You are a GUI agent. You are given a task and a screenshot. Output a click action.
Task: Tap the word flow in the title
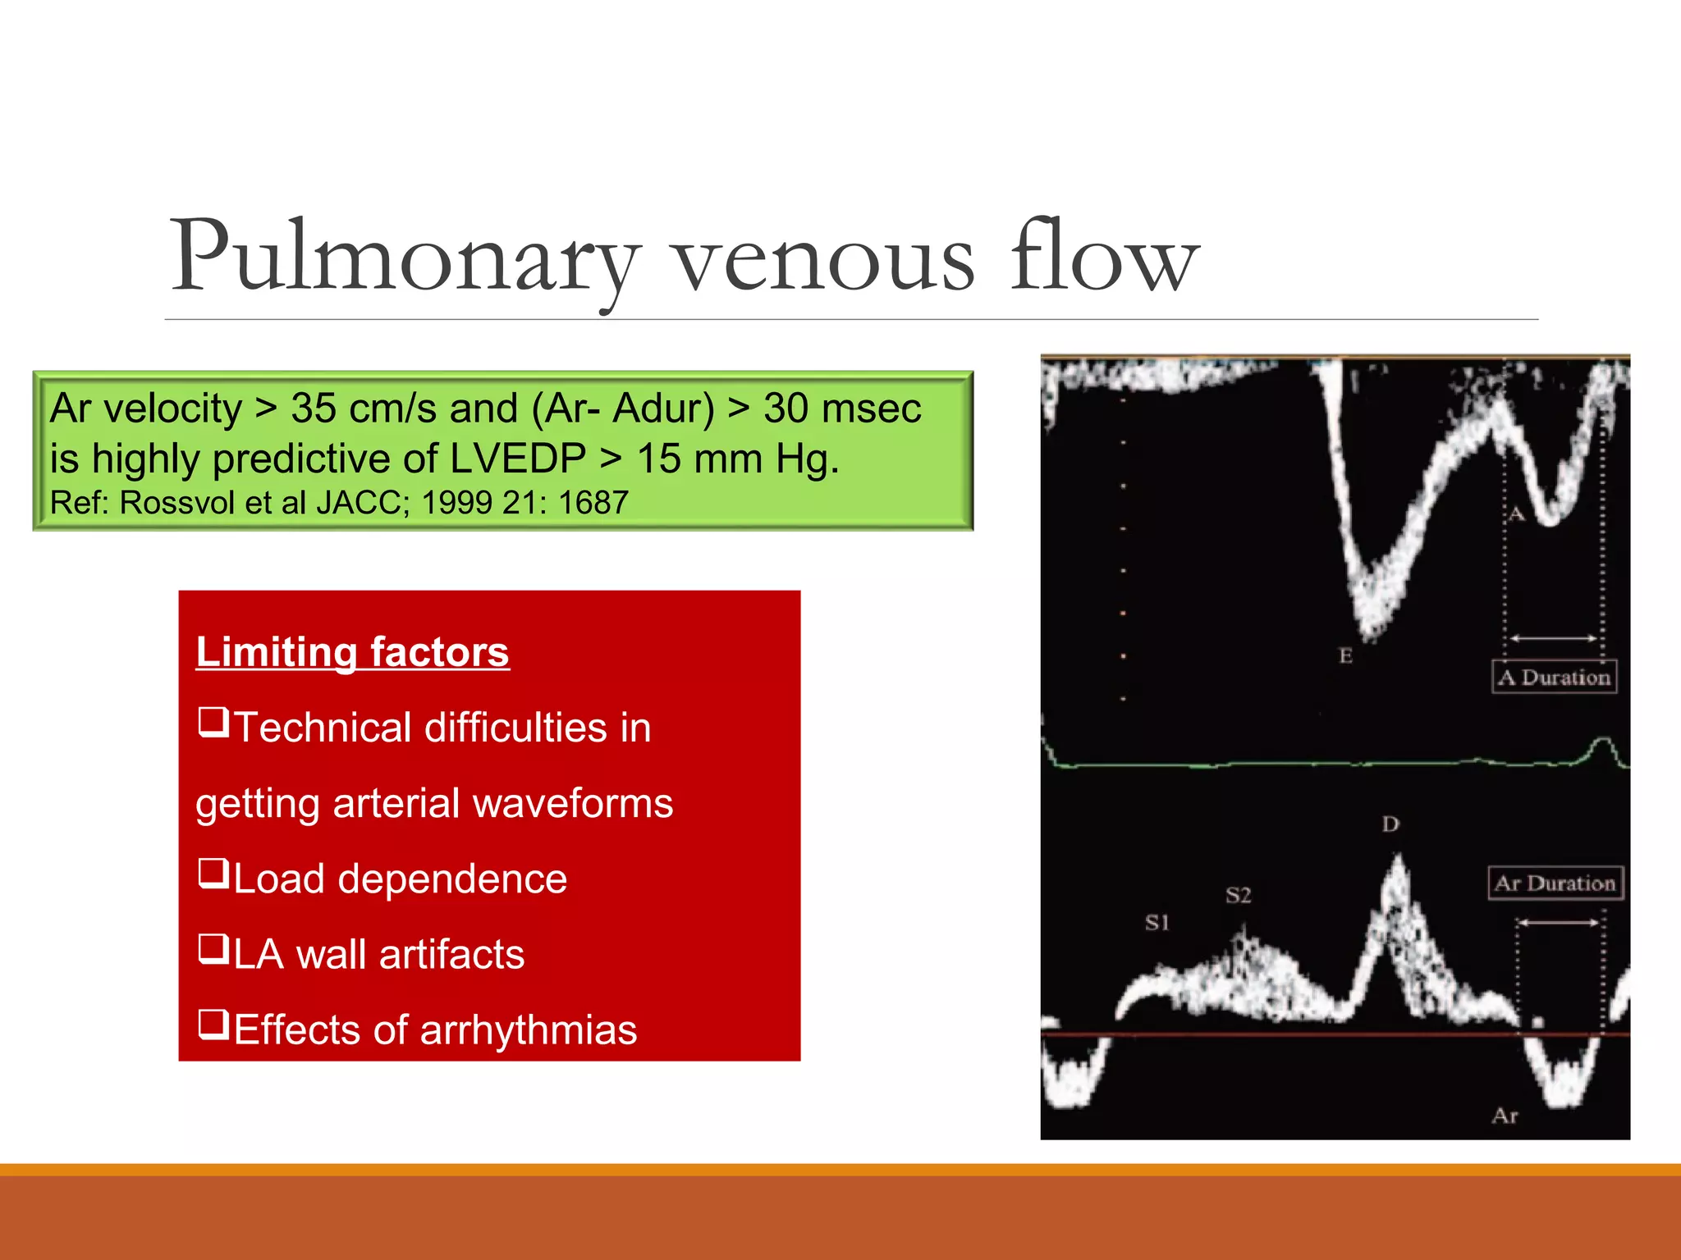pyautogui.click(x=1104, y=256)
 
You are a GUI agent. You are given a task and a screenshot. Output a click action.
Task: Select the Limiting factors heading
pyautogui.click(x=352, y=652)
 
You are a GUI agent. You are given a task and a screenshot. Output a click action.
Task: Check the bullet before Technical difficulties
pyautogui.click(x=213, y=722)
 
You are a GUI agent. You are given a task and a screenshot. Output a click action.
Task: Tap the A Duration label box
pyautogui.click(x=1554, y=678)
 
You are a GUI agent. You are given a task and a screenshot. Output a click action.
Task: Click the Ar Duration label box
pyautogui.click(x=1555, y=883)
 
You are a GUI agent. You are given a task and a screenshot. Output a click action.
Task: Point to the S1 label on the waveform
pyautogui.click(x=1157, y=923)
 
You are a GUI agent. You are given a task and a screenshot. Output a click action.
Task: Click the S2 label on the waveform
pyautogui.click(x=1238, y=895)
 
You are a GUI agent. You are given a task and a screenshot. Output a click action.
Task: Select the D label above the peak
pyautogui.click(x=1390, y=824)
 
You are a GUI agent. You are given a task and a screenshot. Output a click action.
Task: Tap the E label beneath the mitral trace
pyautogui.click(x=1345, y=656)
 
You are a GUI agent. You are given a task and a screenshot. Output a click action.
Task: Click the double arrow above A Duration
pyautogui.click(x=1553, y=638)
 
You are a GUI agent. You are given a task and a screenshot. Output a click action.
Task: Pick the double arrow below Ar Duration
pyautogui.click(x=1558, y=923)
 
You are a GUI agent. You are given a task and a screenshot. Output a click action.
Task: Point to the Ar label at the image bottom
pyautogui.click(x=1505, y=1116)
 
